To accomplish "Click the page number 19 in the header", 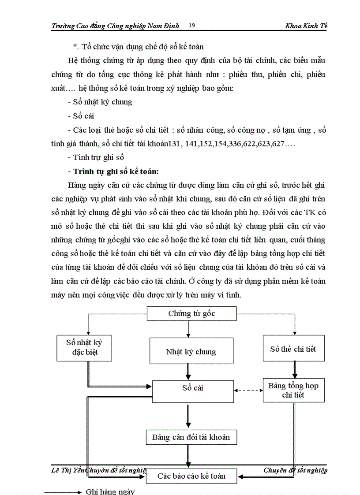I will pyautogui.click(x=191, y=26).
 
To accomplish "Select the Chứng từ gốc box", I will pyautogui.click(x=191, y=314).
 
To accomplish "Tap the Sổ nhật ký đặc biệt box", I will pyautogui.click(x=84, y=347).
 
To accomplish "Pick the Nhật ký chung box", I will pyautogui.click(x=191, y=351).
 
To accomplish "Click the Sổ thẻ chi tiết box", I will pyautogui.click(x=293, y=349).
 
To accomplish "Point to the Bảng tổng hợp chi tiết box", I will pyautogui.click(x=293, y=390).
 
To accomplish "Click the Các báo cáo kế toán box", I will pyautogui.click(x=191, y=476).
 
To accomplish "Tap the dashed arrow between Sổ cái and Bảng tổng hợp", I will pyautogui.click(x=248, y=390).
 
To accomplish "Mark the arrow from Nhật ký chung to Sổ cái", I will pyautogui.click(x=189, y=372).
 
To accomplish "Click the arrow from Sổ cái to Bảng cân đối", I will pyautogui.click(x=189, y=416).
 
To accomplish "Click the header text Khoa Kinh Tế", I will pyautogui.click(x=306, y=26).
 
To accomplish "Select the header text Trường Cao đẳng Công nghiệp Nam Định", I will pyautogui.click(x=115, y=26).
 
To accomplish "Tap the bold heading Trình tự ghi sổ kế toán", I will pyautogui.click(x=113, y=171).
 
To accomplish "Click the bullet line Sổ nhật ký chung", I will pyautogui.click(x=100, y=102).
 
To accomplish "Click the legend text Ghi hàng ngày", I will pyautogui.click(x=110, y=491).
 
